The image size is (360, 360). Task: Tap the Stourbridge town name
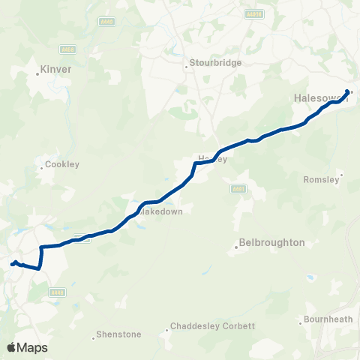tap(216, 63)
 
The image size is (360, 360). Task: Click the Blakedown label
tap(163, 211)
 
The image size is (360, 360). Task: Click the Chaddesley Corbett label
tap(213, 326)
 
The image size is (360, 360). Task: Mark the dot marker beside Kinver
tap(38, 73)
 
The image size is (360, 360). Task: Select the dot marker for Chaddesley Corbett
tap(167, 329)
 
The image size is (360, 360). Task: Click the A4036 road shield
tap(255, 13)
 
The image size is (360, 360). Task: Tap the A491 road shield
tap(238, 188)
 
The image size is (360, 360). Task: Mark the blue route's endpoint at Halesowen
tap(347, 92)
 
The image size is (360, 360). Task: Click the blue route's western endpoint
tap(12, 264)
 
